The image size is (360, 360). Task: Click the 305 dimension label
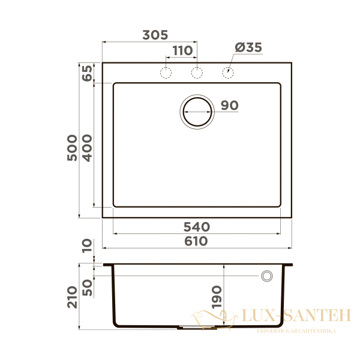(155, 35)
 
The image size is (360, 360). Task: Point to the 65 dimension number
(87, 73)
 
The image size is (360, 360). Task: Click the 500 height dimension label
(71, 146)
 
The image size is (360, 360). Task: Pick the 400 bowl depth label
(87, 146)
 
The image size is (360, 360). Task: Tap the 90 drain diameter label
(229, 106)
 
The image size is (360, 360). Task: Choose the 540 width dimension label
(196, 227)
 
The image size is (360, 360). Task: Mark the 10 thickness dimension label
(87, 245)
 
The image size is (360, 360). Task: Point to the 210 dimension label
(72, 296)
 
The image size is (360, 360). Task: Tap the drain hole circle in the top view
(197, 111)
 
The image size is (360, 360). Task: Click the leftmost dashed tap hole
(166, 73)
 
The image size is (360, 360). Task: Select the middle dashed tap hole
(196, 73)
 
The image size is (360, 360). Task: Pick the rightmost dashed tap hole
(227, 73)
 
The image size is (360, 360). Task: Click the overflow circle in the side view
(266, 275)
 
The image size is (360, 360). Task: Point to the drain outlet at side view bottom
(196, 328)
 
